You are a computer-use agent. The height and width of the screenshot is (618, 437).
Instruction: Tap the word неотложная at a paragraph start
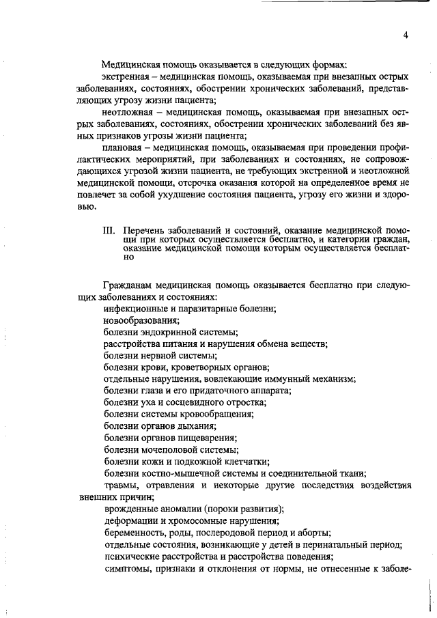pyautogui.click(x=127, y=111)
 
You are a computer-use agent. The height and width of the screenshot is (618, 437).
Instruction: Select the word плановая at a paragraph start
pyautogui.click(x=123, y=148)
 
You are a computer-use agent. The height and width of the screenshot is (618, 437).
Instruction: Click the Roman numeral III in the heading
pyautogui.click(x=108, y=230)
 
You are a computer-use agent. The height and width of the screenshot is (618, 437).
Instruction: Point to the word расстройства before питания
pyautogui.click(x=133, y=344)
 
